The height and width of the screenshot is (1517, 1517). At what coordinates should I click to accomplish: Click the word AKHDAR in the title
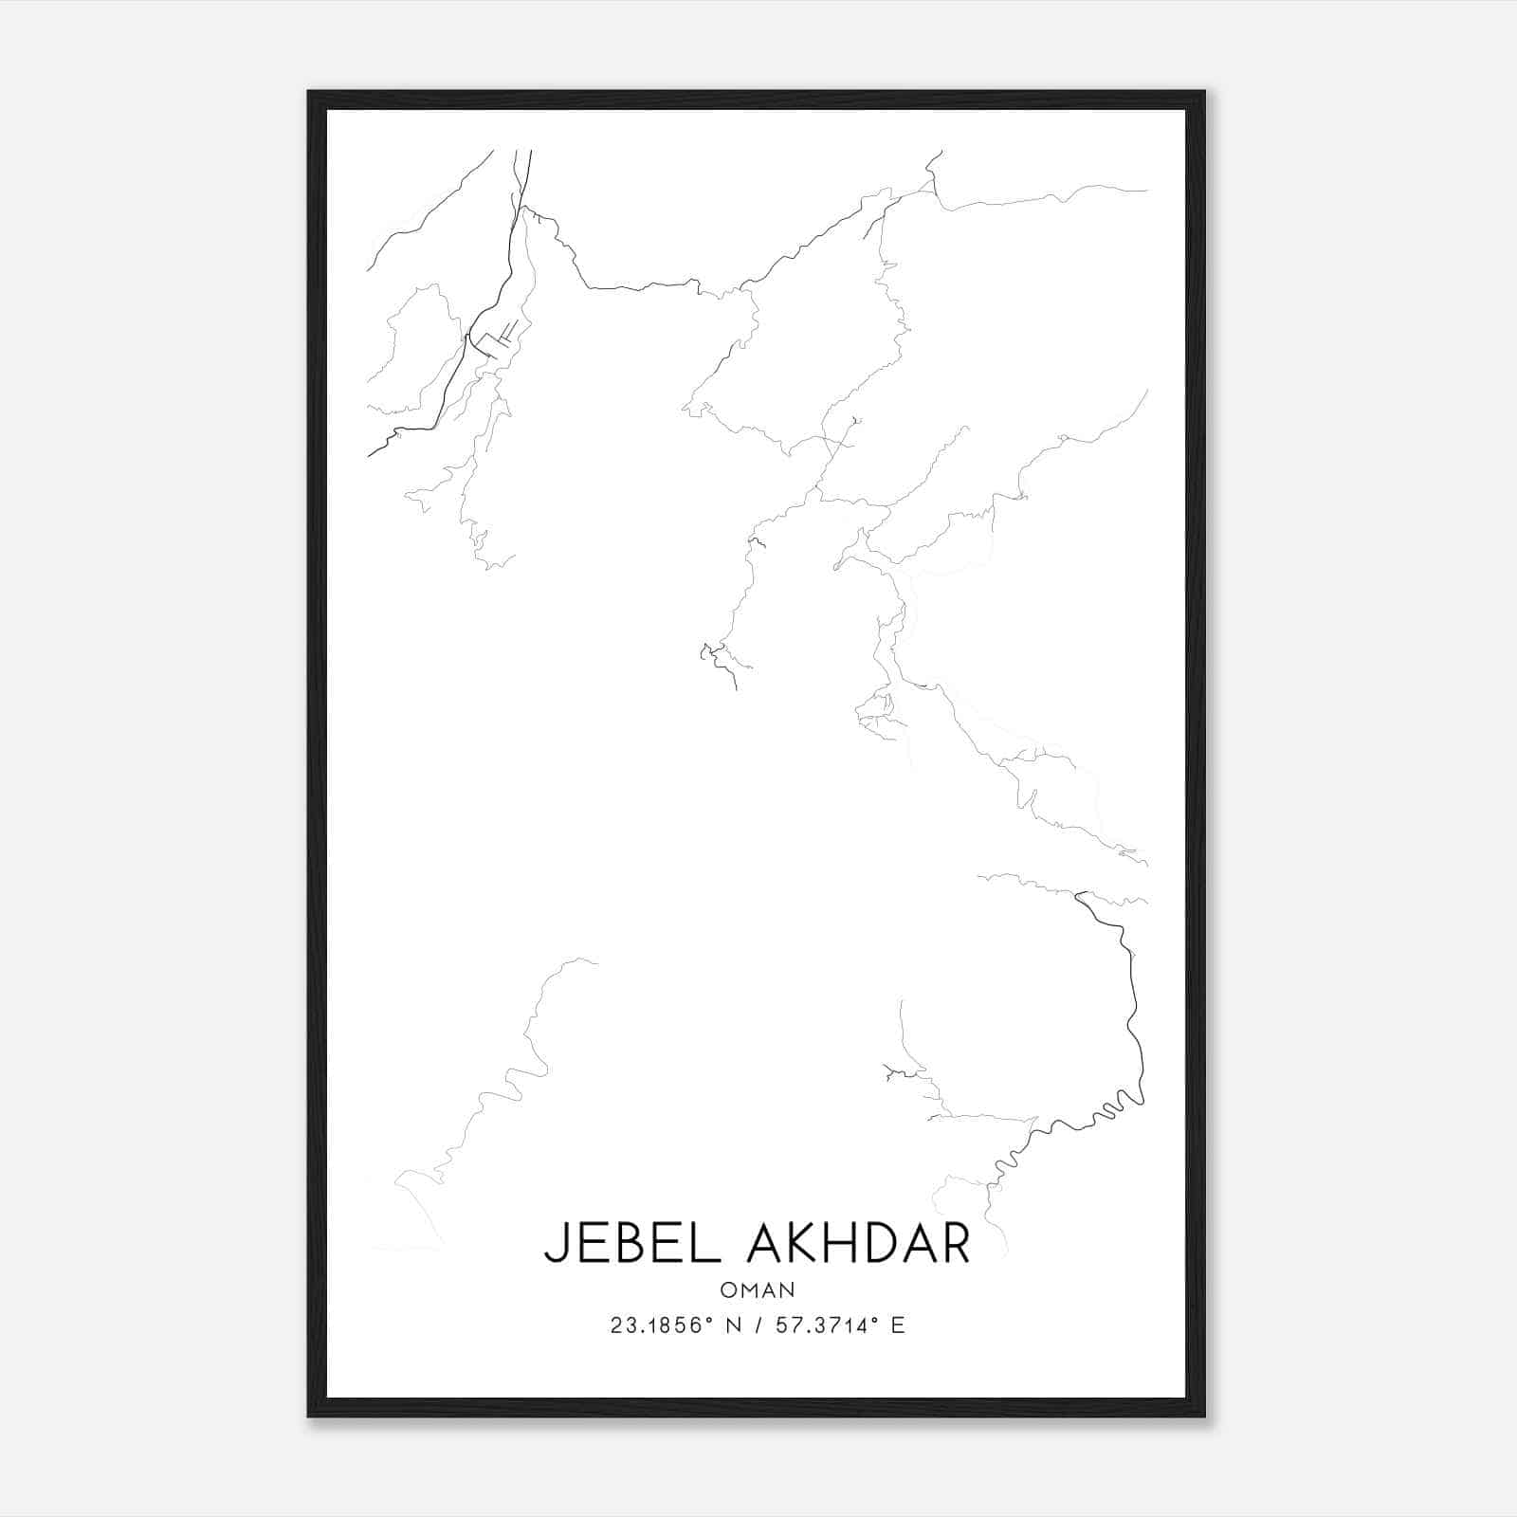tap(859, 1244)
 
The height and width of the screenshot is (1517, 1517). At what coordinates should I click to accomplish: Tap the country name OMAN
tap(758, 1289)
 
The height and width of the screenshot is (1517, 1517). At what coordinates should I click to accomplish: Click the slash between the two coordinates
tap(755, 1325)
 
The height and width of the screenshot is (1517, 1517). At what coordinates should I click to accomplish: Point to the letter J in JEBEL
tap(554, 1245)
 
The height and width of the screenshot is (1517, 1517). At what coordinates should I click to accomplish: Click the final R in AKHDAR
tap(955, 1244)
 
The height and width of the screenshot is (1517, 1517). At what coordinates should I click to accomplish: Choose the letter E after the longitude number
tap(898, 1325)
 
